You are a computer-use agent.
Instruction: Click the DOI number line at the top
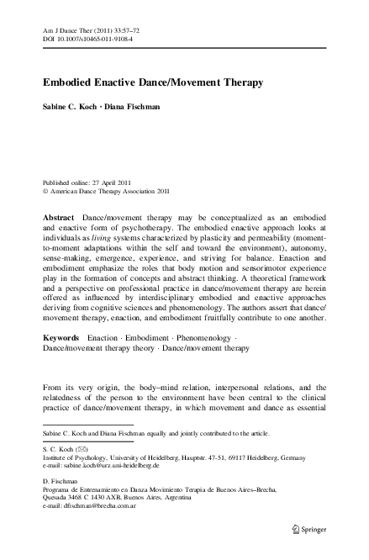click(80, 38)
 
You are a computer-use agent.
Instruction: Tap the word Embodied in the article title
click(69, 82)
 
